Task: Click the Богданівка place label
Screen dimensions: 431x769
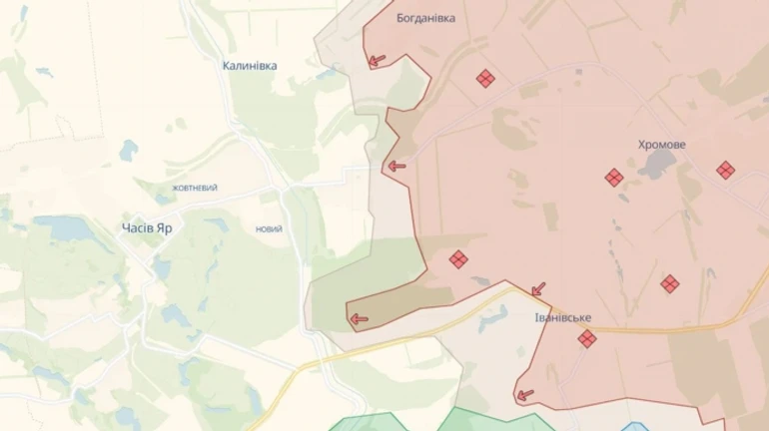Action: (x=425, y=17)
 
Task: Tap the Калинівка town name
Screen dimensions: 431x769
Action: (x=250, y=66)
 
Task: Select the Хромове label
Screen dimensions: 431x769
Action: (x=662, y=145)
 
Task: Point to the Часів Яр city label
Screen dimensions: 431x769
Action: (x=147, y=227)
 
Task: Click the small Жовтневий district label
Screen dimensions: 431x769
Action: (x=195, y=188)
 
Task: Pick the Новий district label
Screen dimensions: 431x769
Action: (x=269, y=229)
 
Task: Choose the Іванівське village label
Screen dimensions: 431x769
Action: (x=563, y=317)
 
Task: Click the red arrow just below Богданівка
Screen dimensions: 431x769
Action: (x=377, y=61)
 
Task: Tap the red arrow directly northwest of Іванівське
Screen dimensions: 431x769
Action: (x=538, y=289)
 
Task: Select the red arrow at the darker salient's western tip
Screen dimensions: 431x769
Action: (x=358, y=320)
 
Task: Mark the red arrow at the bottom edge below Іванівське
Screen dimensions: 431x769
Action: (x=524, y=395)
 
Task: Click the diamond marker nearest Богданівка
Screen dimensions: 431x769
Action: (x=485, y=79)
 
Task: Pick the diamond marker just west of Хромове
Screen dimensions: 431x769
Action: (x=614, y=178)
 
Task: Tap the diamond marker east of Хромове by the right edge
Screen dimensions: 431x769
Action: (x=726, y=171)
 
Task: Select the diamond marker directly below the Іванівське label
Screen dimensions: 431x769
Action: (x=587, y=339)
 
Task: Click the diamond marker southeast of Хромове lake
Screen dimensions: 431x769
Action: (x=670, y=284)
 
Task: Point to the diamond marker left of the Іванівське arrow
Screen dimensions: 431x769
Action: (x=458, y=259)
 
